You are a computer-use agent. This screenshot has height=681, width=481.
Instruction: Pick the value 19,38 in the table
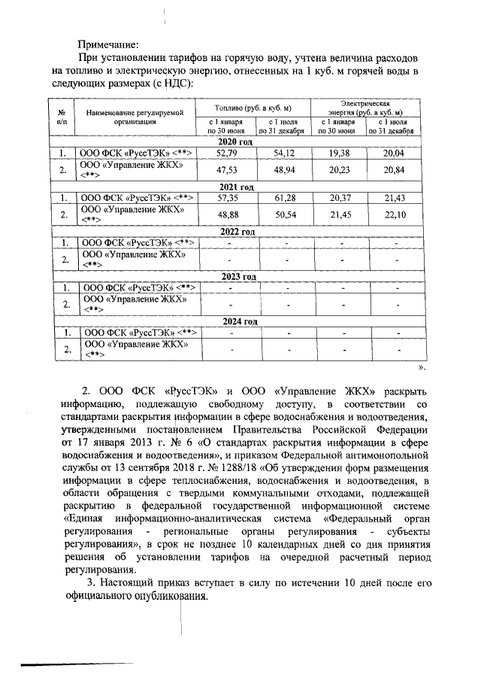[x=338, y=154]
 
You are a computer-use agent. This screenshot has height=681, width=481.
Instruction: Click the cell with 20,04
[x=393, y=154]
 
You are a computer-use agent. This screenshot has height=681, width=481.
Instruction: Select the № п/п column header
[x=62, y=116]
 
